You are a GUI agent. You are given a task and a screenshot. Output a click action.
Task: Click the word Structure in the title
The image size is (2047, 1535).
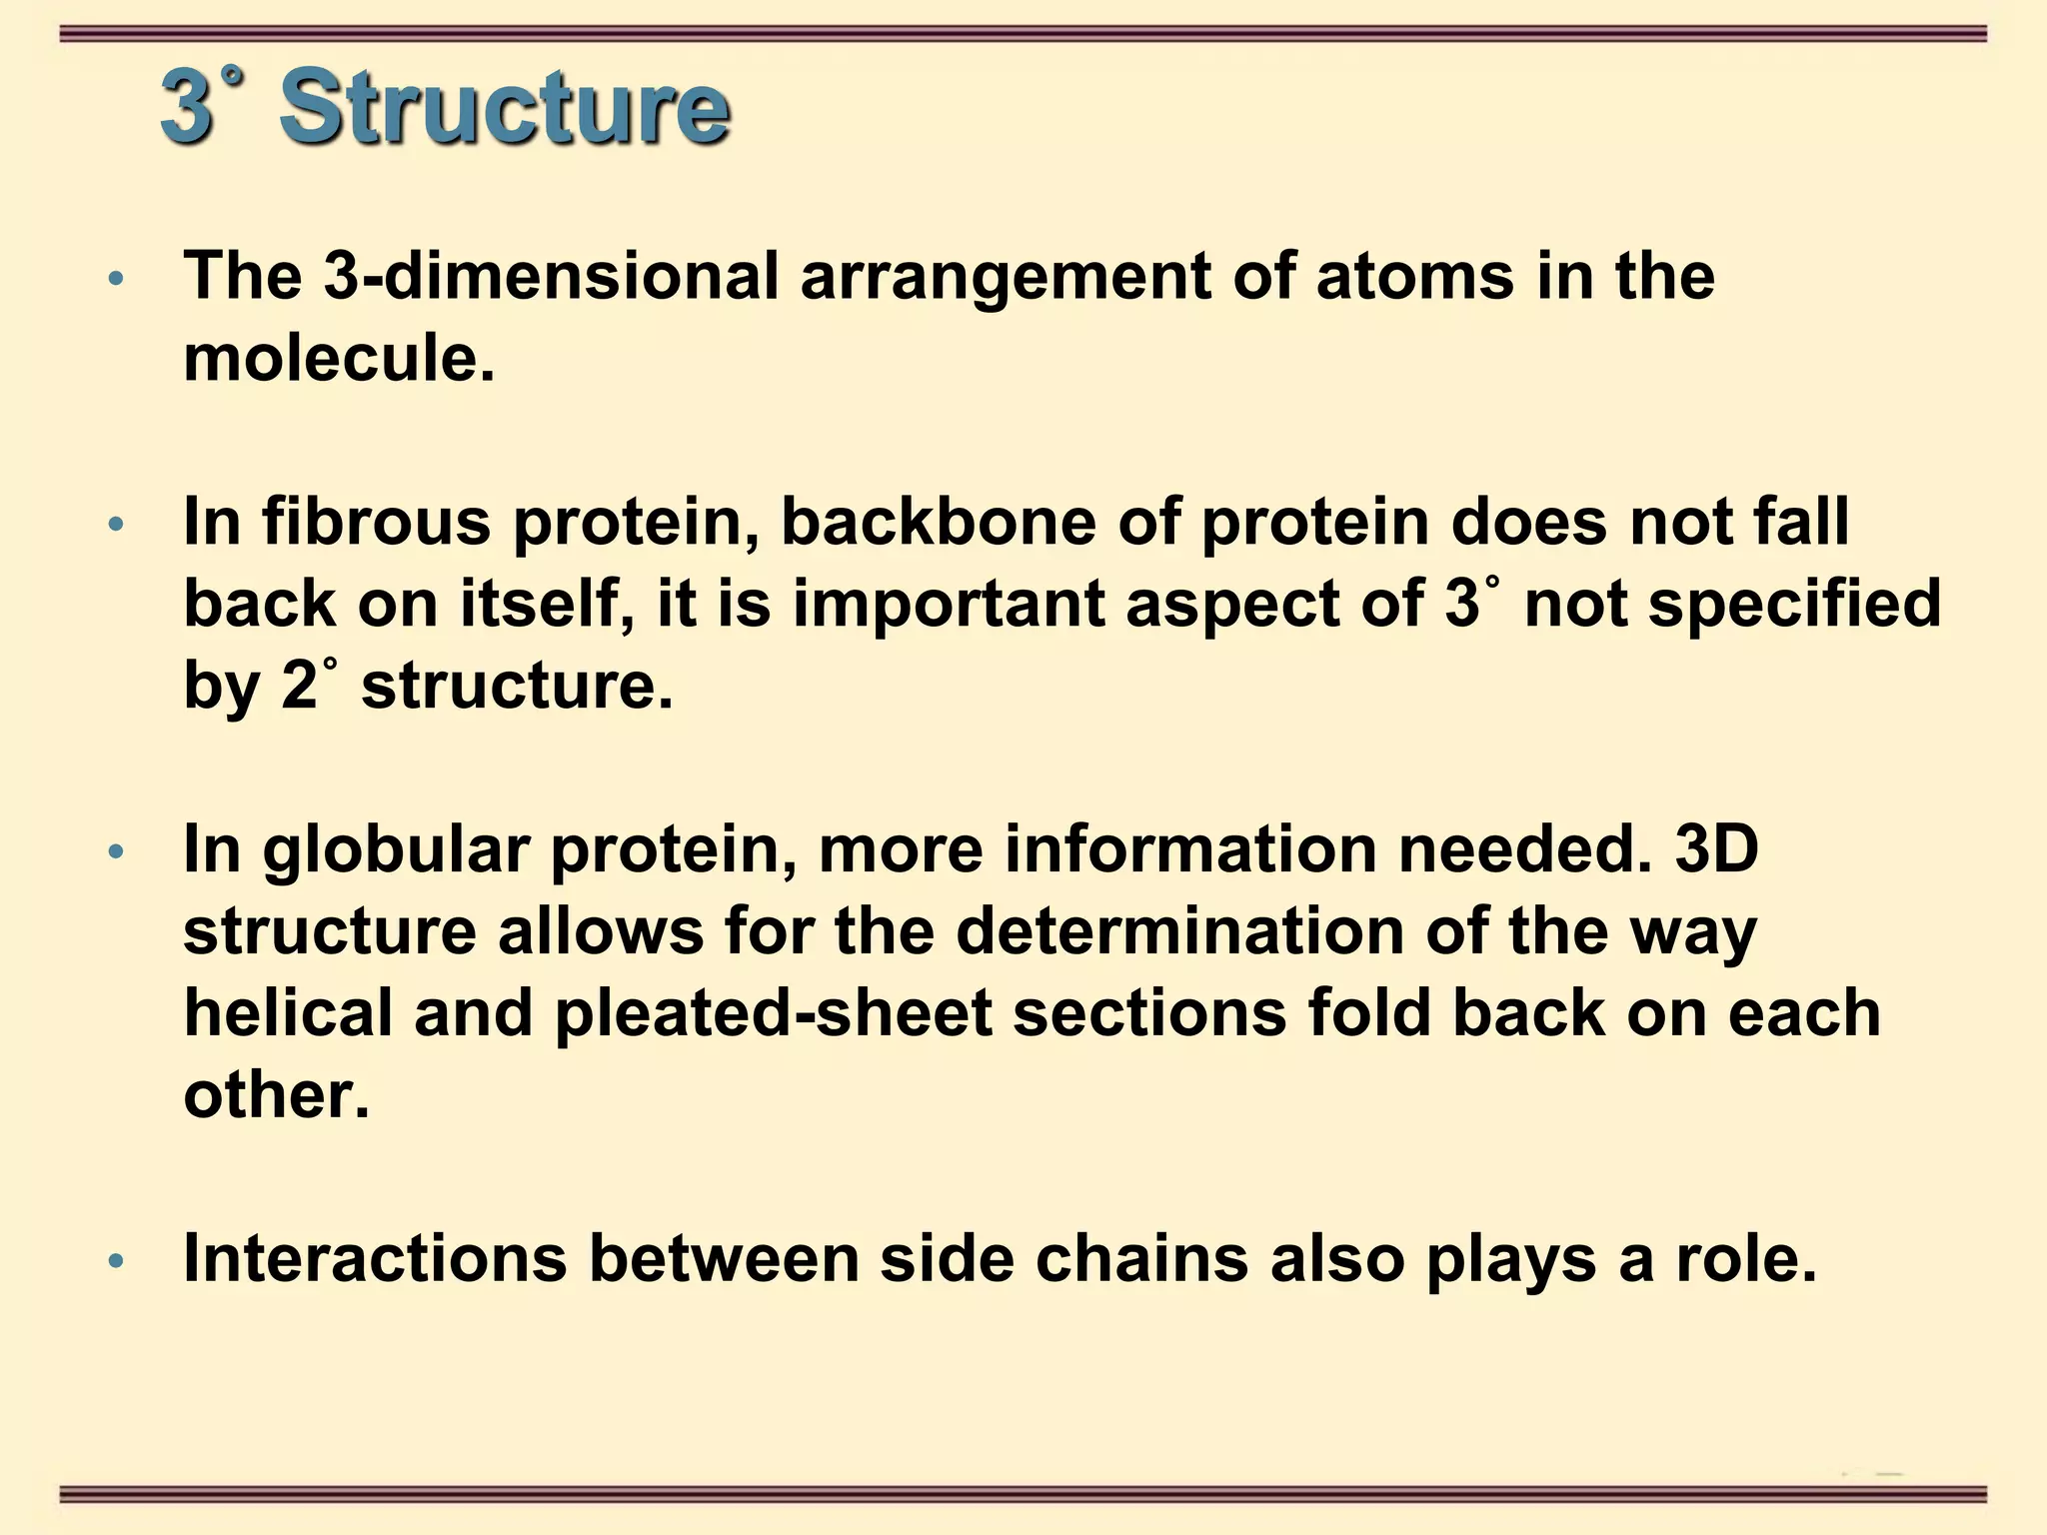click(504, 108)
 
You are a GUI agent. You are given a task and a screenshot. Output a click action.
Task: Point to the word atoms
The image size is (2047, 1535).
click(1414, 276)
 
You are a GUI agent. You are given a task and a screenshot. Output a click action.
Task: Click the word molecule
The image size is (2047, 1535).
click(338, 358)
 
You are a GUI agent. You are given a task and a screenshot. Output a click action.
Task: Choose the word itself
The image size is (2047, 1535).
click(546, 604)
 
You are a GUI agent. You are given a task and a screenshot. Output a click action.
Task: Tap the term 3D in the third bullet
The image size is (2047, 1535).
click(1716, 849)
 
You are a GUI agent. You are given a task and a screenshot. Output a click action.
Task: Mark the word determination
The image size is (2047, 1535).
click(1179, 931)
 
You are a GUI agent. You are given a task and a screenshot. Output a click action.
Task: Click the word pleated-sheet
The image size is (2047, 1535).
click(774, 1013)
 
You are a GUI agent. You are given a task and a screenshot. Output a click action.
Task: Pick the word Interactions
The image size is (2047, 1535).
click(375, 1259)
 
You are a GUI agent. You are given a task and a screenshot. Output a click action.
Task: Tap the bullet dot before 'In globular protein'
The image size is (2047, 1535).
click(116, 851)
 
